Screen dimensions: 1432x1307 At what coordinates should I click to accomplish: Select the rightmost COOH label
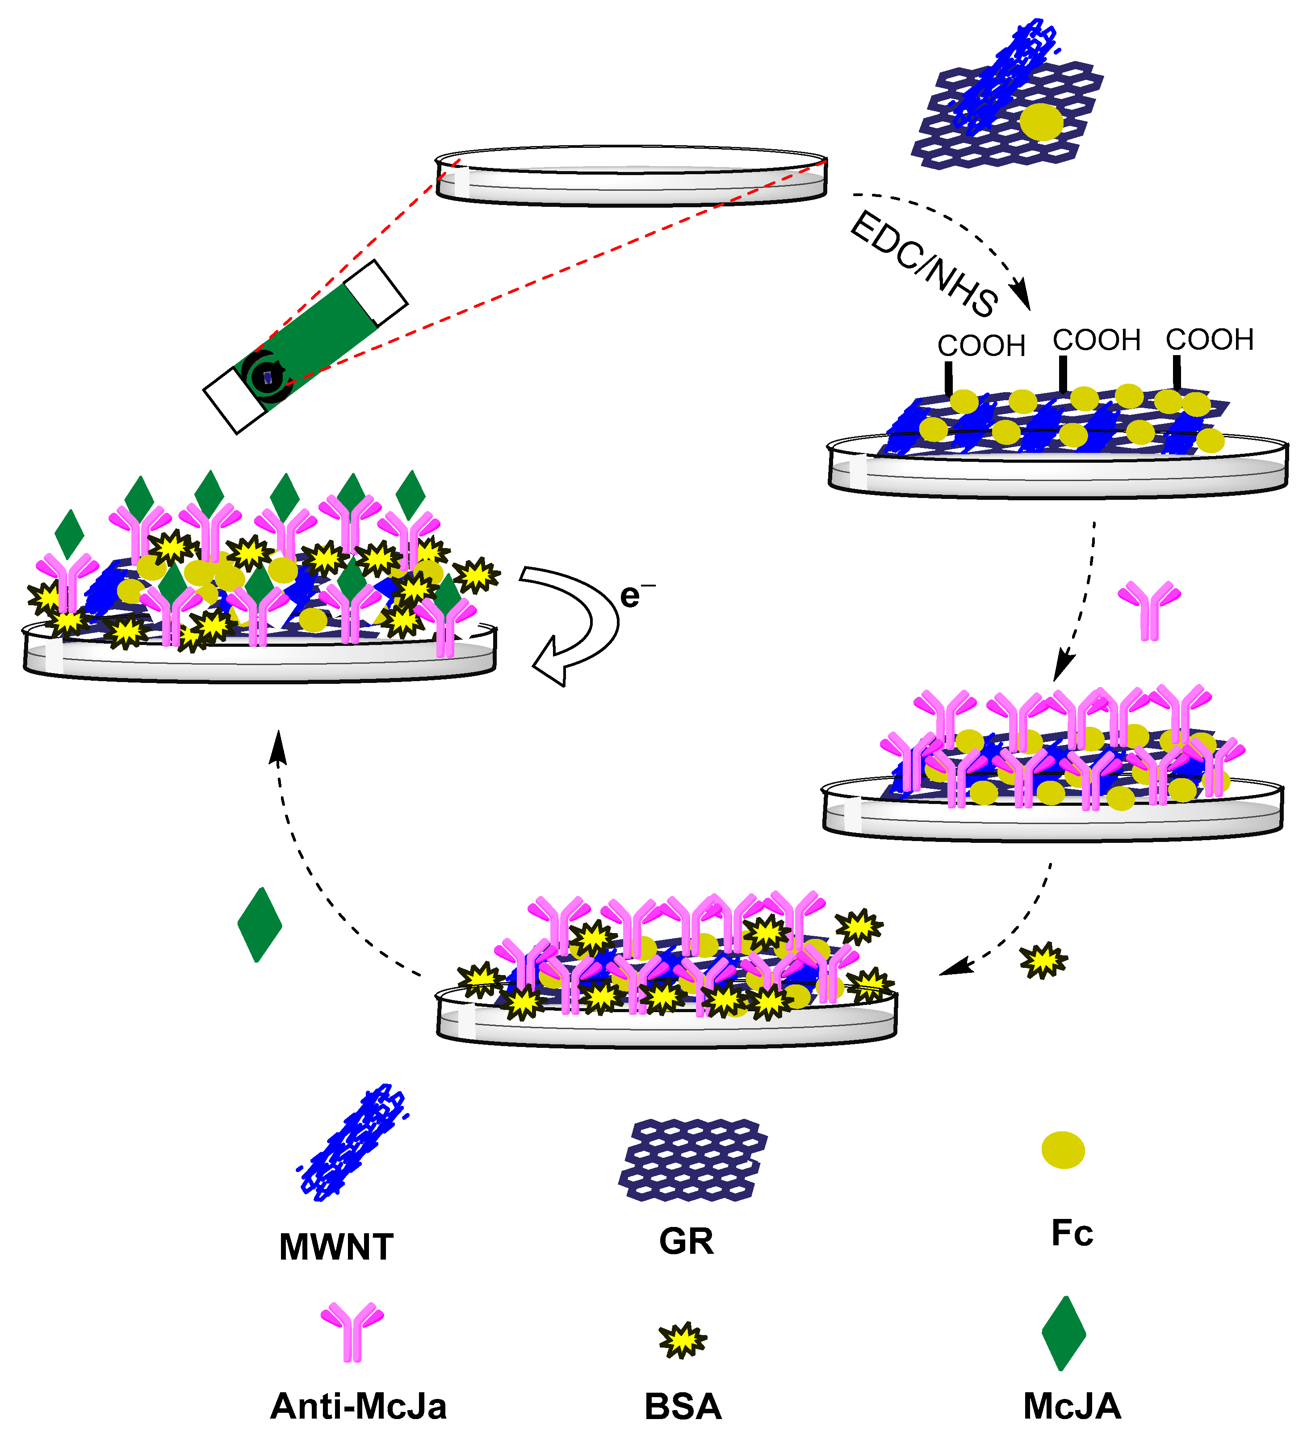1209,340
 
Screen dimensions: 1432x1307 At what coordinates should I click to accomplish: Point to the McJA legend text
1072,1407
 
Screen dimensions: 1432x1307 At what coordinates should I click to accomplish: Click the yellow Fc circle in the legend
1063,1150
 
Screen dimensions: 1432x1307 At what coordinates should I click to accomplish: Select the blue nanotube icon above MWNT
351,1142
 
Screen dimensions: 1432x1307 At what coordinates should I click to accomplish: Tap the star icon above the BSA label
683,1340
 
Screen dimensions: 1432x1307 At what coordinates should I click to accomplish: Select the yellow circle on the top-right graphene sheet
1041,122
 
